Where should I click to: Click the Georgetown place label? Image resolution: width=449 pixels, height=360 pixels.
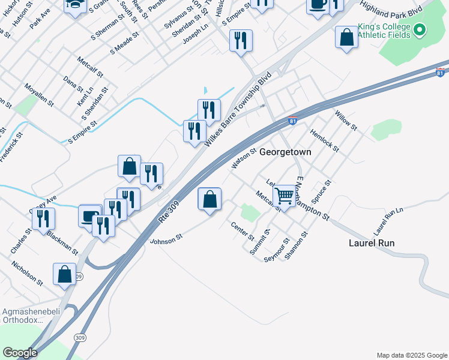[x=285, y=152]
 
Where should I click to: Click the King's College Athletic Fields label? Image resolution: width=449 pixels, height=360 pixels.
[x=384, y=31]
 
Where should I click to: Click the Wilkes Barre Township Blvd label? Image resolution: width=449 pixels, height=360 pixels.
[x=238, y=110]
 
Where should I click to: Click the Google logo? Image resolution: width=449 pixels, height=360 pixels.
[x=19, y=353]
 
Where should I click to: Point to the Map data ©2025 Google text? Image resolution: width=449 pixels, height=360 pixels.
[x=411, y=355]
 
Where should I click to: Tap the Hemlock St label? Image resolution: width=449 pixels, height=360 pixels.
[x=325, y=140]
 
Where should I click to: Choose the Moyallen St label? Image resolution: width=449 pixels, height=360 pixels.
[x=40, y=95]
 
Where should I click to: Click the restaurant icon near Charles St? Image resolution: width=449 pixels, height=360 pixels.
[x=43, y=218]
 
